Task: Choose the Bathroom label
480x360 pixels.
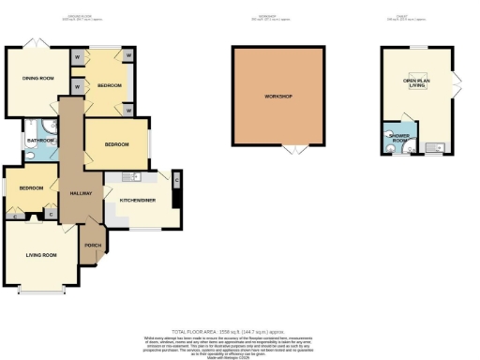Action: point(40,141)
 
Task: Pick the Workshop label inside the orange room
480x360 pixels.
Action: point(278,97)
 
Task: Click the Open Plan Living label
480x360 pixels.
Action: point(417,84)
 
